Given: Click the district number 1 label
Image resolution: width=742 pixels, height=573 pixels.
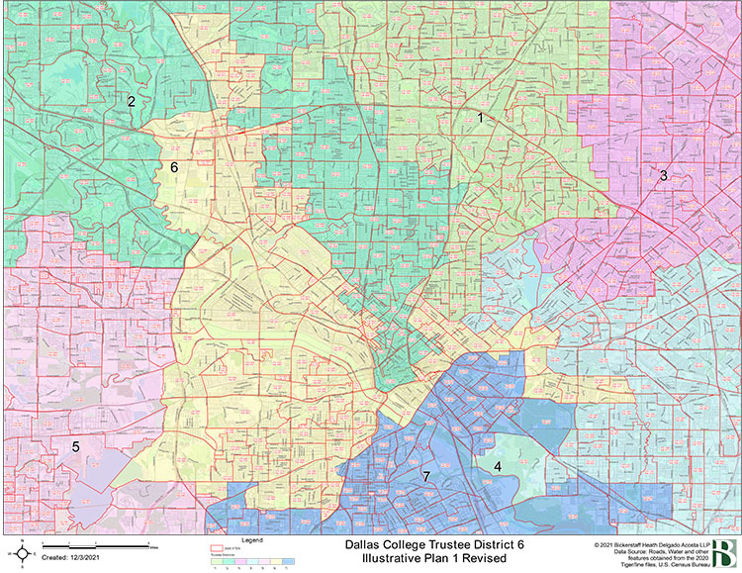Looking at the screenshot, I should tap(481, 118).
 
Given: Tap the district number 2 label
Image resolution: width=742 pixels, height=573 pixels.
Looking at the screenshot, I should tap(130, 101).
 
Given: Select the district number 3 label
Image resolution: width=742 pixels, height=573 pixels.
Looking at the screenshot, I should tap(664, 175).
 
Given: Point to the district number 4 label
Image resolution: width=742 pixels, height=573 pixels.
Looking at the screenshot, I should tap(498, 466).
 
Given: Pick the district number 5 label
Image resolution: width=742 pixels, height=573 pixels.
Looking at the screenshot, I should tap(75, 447).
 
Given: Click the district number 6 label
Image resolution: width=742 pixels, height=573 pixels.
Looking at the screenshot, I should tap(174, 167).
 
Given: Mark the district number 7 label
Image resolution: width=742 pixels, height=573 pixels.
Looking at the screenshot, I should tap(426, 477).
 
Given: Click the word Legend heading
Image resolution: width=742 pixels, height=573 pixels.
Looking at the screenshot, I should tap(253, 540).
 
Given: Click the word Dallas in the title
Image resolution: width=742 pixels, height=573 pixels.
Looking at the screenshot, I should tap(365, 544).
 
